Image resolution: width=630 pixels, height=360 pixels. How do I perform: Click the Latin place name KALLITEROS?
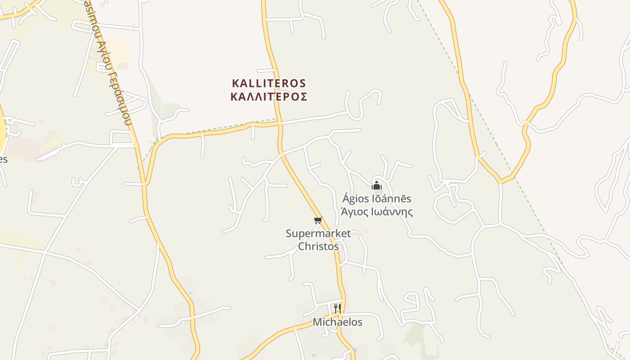coord(269,83)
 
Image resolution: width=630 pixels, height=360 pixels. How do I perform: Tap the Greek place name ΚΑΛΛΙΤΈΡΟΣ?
coord(269,97)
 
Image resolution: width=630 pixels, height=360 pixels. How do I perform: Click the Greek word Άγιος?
coord(354,212)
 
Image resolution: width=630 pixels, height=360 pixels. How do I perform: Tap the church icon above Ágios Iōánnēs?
coord(377,185)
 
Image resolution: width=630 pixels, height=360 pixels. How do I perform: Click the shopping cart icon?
coord(318,220)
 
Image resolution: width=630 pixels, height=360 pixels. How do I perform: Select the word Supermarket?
coord(318,233)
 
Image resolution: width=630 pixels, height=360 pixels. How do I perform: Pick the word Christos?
coord(318,246)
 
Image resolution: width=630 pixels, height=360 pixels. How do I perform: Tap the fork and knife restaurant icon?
coord(337,308)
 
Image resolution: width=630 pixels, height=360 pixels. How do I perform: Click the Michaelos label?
coord(337,322)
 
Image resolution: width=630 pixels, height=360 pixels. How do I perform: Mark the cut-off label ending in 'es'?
coord(4,159)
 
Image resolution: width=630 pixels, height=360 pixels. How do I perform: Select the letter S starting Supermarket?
coord(289,233)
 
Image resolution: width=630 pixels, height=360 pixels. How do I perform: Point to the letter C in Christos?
coord(301,246)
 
